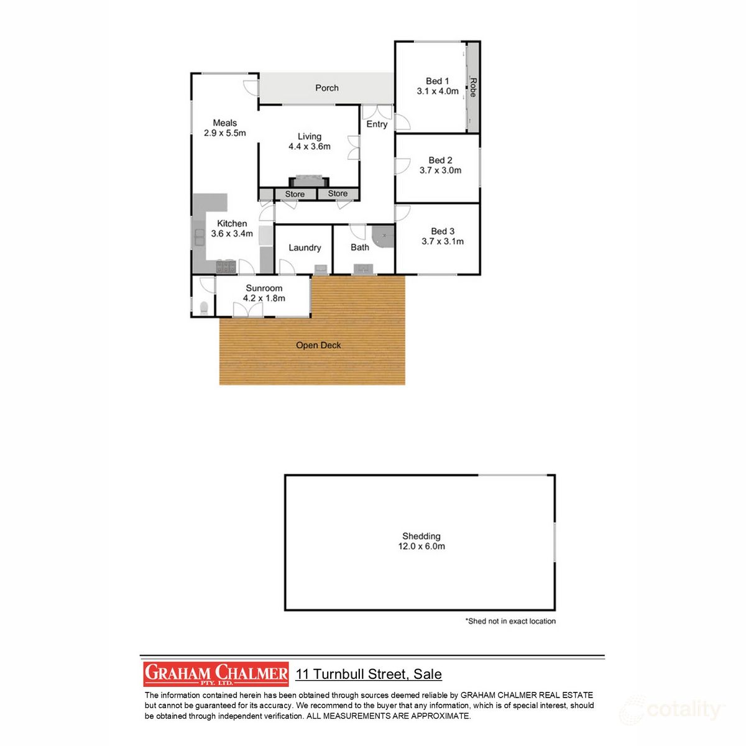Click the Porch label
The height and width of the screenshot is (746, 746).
tap(326, 88)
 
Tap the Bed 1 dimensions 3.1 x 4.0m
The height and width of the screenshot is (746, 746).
tap(438, 91)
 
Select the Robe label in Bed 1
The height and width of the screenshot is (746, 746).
tap(473, 87)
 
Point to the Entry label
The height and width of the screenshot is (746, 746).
tap(377, 124)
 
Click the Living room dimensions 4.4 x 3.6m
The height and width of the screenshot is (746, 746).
tap(309, 147)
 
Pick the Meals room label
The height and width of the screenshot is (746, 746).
tap(224, 122)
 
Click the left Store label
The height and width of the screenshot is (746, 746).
tap(295, 194)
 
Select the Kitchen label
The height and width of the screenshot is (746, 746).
tap(232, 223)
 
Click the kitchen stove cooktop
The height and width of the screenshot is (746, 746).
tap(226, 267)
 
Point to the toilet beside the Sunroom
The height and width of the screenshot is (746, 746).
tap(203, 307)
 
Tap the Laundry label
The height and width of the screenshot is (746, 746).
tap(305, 247)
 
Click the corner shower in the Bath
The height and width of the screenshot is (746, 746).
tap(384, 236)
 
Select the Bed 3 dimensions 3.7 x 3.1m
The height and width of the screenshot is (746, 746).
tap(443, 241)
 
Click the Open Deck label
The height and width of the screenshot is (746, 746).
tap(318, 345)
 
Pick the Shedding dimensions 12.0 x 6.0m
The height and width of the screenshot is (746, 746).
tap(421, 546)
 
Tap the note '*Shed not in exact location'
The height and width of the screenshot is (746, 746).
tap(510, 621)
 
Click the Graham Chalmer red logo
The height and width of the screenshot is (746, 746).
tap(216, 674)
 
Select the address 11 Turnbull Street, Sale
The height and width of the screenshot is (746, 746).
tap(369, 674)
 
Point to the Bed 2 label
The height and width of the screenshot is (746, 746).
tap(440, 160)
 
